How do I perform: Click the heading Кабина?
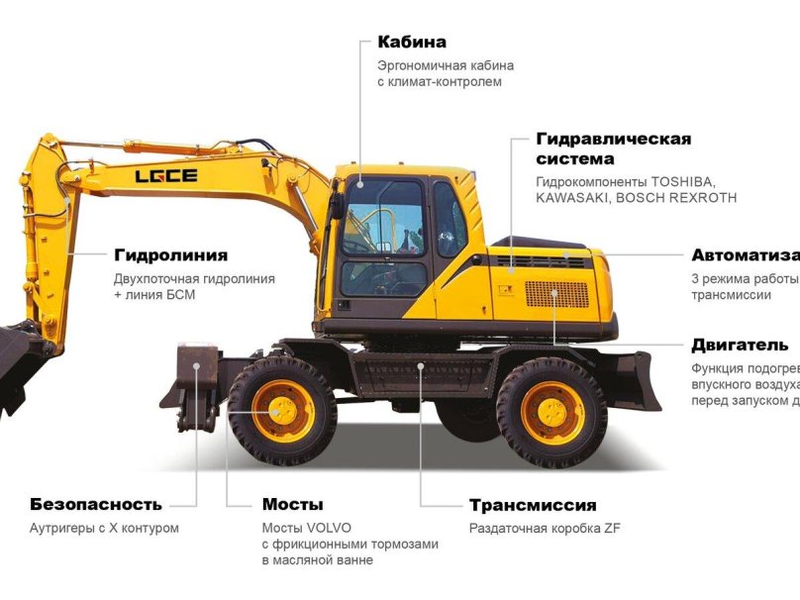412,43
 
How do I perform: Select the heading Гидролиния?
170,255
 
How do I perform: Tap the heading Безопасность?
95,505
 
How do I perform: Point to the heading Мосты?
292,505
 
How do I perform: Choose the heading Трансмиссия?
533,506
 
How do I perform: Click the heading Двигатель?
740,346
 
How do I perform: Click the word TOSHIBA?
683,181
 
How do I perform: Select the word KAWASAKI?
571,198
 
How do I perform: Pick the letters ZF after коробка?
611,529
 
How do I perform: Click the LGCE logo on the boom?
166,176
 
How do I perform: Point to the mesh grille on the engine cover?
555,294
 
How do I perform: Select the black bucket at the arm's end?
14,366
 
